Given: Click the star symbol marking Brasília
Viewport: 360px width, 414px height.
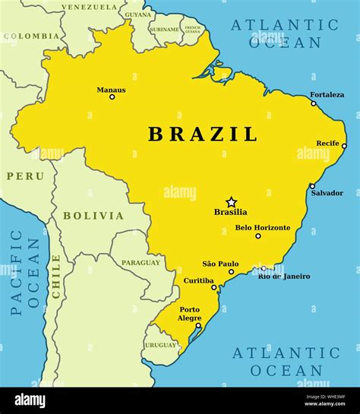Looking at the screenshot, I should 231,202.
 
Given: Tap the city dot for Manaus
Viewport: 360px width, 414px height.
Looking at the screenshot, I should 112,96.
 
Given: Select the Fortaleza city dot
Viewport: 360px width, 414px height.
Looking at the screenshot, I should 314,103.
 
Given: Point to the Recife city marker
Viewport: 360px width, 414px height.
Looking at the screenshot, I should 344,146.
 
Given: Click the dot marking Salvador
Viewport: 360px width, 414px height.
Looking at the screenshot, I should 312,185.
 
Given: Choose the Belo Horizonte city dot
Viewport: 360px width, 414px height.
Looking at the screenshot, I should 258,235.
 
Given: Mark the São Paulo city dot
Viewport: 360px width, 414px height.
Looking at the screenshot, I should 232,271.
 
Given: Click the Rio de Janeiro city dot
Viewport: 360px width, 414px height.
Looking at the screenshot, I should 264,268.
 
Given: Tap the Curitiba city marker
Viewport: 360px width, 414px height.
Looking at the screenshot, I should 214,287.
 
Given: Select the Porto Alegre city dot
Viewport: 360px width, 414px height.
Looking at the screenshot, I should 199,326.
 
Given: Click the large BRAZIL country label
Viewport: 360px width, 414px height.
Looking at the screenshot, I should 203,134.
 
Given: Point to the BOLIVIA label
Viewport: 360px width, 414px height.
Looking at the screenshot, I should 93,216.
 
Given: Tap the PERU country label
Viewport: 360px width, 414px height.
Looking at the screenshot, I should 25,175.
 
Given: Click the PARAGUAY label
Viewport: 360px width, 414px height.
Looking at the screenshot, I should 141,263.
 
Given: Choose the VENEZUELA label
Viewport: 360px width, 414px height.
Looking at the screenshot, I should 90,7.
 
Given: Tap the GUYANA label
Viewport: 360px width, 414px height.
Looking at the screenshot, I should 138,14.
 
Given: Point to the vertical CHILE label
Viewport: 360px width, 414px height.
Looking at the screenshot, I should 55,276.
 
